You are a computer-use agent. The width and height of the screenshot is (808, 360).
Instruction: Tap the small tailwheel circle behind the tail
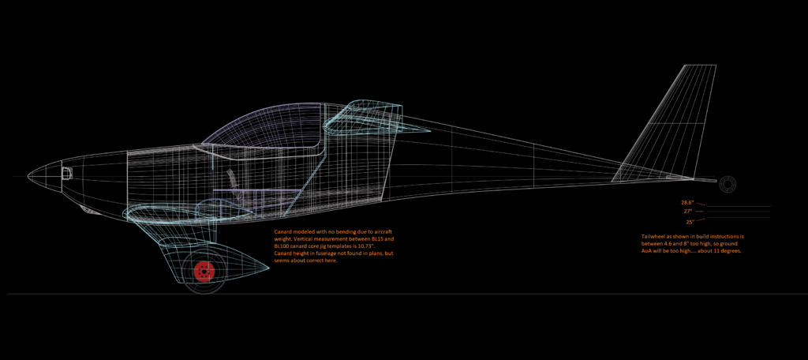[x=727, y=183]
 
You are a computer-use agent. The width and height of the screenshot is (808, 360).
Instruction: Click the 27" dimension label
[x=688, y=212]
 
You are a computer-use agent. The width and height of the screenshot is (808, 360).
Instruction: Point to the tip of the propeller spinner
[x=28, y=174]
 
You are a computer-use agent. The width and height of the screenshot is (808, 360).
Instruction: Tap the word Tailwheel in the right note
[x=657, y=236]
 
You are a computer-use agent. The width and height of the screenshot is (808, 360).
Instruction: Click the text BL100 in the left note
[x=284, y=246]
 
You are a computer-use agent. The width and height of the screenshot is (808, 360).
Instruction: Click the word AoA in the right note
[x=650, y=252]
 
